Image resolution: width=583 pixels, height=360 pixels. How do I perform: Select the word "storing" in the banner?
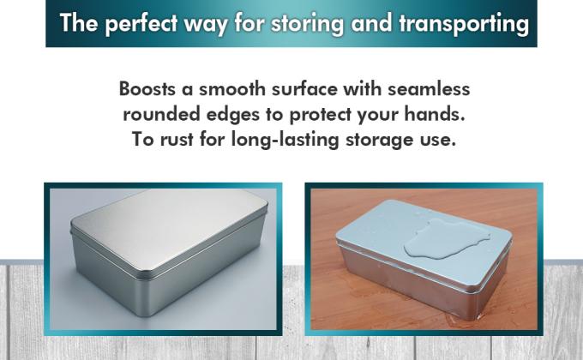pos(317,23)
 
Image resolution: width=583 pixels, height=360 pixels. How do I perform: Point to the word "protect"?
pos(329,114)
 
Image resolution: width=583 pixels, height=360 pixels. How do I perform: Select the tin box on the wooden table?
pos(420,257)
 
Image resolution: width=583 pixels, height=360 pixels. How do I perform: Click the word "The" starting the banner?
pos(78,23)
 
